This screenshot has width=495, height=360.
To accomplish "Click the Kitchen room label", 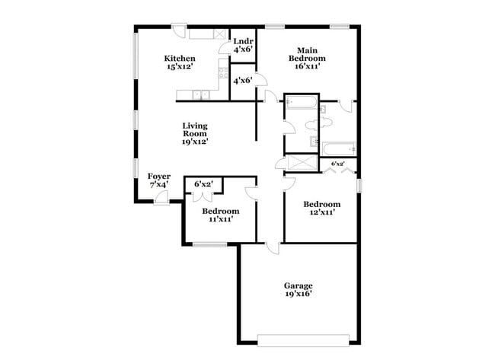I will [x=180, y=59].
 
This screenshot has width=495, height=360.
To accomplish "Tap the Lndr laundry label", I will [x=243, y=41].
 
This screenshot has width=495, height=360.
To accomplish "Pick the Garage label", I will [x=298, y=286].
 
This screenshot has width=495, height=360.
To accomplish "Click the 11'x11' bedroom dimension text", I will [x=220, y=219].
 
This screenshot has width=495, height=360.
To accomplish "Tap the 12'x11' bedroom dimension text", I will [x=321, y=212].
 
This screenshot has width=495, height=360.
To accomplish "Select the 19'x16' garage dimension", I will [x=298, y=295].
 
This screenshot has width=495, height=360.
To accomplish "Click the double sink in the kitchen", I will [x=201, y=95].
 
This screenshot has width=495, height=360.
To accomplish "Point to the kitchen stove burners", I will [x=223, y=74].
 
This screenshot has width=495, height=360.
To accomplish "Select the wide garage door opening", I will [x=303, y=339].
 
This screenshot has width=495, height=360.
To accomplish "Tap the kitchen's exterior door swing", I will [x=178, y=31].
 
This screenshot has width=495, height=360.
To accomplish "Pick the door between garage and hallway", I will [x=273, y=247].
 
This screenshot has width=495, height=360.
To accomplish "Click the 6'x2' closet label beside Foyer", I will [x=203, y=184].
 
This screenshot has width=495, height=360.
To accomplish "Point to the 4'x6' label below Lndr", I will [x=243, y=81].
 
